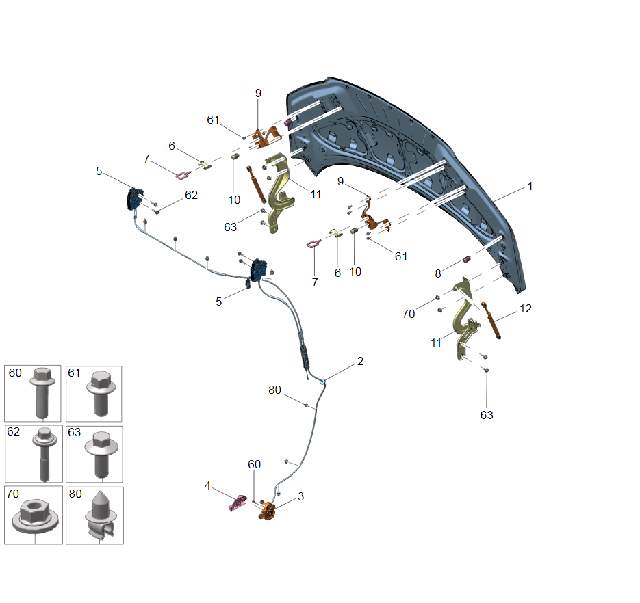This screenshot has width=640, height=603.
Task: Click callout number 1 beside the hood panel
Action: pyautogui.click(x=530, y=187)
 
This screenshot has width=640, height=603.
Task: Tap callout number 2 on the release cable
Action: pyautogui.click(x=360, y=361)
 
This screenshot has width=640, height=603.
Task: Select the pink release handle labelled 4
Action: pyautogui.click(x=237, y=502)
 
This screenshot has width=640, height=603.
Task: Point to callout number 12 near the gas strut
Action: pyautogui.click(x=526, y=308)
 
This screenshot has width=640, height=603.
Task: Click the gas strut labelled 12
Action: pyautogui.click(x=491, y=320)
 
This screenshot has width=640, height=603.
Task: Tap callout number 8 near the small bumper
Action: pyautogui.click(x=438, y=273)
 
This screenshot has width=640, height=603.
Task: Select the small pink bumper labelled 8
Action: pyautogui.click(x=467, y=259)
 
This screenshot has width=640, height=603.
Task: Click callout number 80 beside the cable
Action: pyautogui.click(x=274, y=390)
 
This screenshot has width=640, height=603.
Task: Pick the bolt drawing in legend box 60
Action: pyautogui.click(x=42, y=393)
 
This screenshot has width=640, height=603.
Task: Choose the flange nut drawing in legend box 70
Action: pyautogui.click(x=36, y=517)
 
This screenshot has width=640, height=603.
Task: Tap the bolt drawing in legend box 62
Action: pyautogui.click(x=44, y=454)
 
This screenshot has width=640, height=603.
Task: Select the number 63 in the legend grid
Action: pyautogui.click(x=75, y=432)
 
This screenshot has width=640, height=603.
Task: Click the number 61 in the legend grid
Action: pyautogui.click(x=75, y=373)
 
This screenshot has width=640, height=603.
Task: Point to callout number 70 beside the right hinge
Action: pyautogui.click(x=409, y=314)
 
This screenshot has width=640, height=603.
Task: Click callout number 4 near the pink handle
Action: pyautogui.click(x=207, y=485)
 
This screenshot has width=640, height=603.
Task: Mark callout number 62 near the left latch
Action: pyautogui.click(x=191, y=195)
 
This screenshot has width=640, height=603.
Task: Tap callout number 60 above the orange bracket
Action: pyautogui.click(x=254, y=464)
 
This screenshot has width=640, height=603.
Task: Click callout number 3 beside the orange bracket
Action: pyautogui.click(x=300, y=496)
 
